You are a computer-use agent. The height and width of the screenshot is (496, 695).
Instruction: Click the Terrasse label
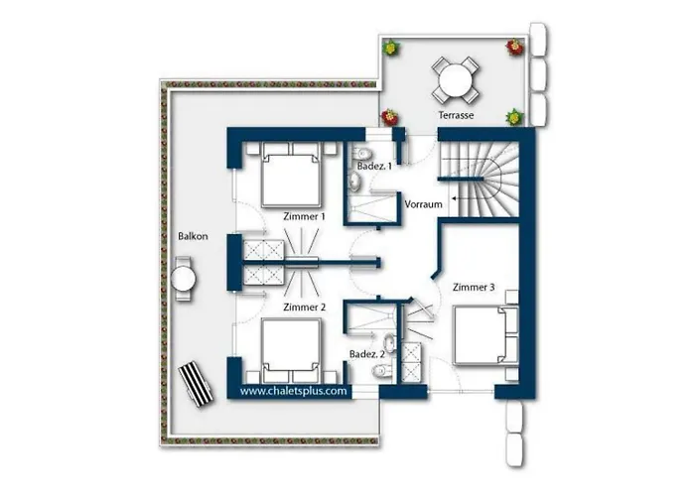click(x=456, y=115)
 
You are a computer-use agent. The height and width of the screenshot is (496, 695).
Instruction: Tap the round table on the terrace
click(x=455, y=79)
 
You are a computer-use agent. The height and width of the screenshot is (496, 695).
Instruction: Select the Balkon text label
click(x=193, y=236)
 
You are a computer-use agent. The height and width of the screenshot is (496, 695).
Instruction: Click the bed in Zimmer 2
click(x=291, y=350)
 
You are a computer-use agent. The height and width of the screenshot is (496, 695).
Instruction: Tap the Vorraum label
click(x=423, y=204)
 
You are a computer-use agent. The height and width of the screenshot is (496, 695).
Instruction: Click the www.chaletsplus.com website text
click(x=294, y=391)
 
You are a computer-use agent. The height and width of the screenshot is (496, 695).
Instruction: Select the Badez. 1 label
click(x=374, y=167)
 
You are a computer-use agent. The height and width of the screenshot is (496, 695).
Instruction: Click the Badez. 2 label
click(x=367, y=354)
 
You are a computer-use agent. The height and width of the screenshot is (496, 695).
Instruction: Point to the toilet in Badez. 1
click(x=361, y=154)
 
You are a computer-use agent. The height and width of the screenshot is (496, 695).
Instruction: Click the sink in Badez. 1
click(x=354, y=181)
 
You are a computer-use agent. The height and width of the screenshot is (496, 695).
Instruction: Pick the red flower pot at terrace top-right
click(x=514, y=47)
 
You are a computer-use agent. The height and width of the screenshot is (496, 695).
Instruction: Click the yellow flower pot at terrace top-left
click(x=391, y=47)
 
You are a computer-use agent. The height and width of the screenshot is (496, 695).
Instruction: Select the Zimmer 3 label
click(x=474, y=288)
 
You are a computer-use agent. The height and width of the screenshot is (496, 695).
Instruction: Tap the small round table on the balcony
click(x=183, y=279)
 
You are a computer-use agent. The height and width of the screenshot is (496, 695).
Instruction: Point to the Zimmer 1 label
click(x=304, y=216)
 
